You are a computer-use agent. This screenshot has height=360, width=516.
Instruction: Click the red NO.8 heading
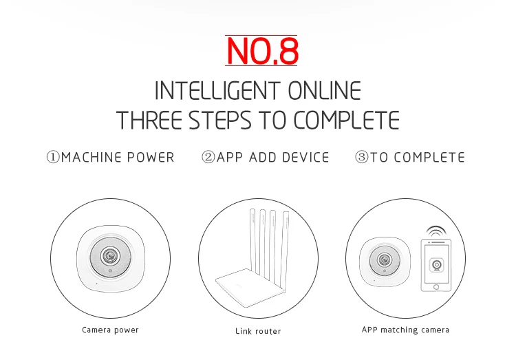pos(262,51)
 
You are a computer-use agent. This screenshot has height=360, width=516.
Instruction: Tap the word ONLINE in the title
pos(325,91)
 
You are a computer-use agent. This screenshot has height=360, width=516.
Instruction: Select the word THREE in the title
pos(149,120)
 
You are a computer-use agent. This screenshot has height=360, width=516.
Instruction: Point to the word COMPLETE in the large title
pos(346,120)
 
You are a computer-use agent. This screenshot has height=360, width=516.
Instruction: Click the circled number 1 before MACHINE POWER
pos(53,157)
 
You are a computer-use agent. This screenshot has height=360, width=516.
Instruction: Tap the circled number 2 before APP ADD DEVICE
pos(208,157)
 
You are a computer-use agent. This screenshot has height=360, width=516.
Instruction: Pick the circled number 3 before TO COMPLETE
pos(362,157)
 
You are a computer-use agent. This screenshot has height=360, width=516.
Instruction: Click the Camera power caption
pos(110,330)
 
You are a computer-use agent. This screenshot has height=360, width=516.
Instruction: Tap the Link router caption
pos(258,331)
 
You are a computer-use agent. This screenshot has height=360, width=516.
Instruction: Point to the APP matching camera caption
pos(405,330)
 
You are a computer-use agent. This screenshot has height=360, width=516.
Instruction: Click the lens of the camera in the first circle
pos(111,255)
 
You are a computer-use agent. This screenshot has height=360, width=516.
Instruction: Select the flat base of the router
pos(250,287)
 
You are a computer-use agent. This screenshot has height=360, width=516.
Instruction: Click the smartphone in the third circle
pos(436,265)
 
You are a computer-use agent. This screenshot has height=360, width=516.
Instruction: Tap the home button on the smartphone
pos(436,287)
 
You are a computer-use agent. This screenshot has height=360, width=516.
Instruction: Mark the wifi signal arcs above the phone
pos(436,231)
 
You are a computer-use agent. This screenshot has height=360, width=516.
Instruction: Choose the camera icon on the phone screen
pos(436,265)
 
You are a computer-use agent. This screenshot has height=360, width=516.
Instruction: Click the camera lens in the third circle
pos(385,260)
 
